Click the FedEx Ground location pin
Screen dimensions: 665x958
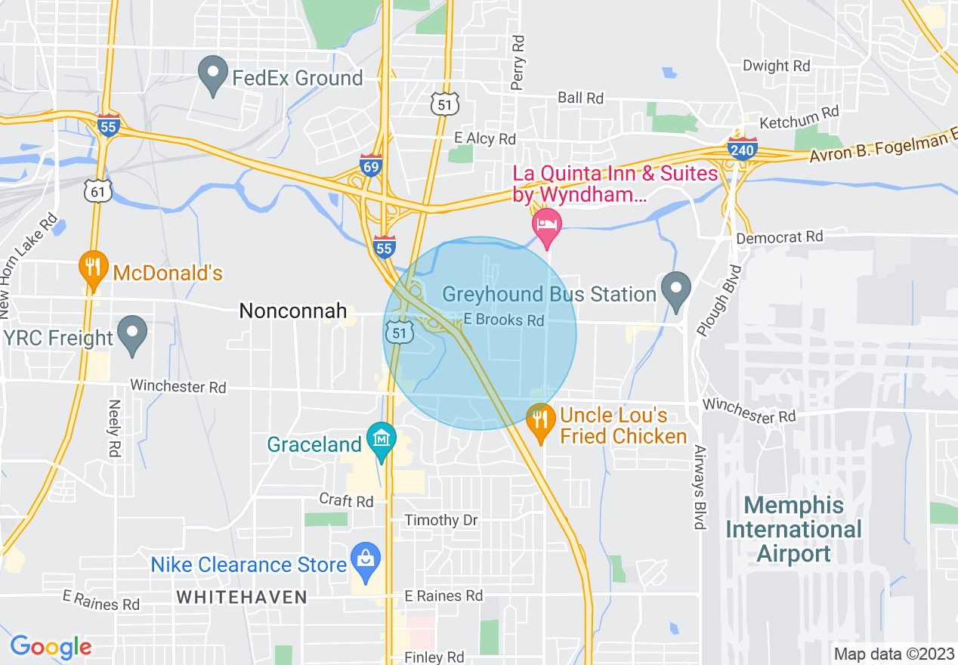click(x=213, y=74)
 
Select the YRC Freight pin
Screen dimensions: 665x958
click(x=134, y=333)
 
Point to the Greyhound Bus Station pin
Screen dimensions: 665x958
click(x=675, y=289)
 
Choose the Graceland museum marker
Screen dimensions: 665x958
click(x=382, y=439)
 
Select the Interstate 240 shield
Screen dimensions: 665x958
click(x=742, y=150)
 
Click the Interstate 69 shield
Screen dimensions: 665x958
click(x=370, y=166)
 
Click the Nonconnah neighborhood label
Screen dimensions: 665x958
click(x=293, y=311)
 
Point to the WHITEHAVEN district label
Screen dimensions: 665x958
click(x=242, y=597)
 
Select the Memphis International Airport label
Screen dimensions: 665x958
click(x=793, y=529)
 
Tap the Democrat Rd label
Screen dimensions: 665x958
click(x=780, y=237)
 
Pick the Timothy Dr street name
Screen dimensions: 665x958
click(x=442, y=520)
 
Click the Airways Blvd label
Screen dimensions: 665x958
click(x=700, y=487)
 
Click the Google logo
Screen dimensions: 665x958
click(x=51, y=647)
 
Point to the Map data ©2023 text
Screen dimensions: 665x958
click(x=892, y=654)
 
